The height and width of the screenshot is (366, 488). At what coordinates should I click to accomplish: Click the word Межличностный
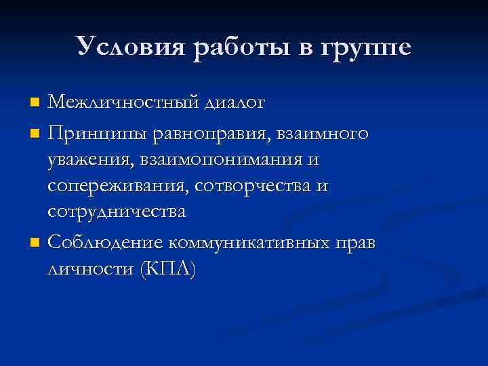pos(123,103)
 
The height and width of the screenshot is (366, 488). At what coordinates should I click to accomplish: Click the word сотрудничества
pos(116,211)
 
